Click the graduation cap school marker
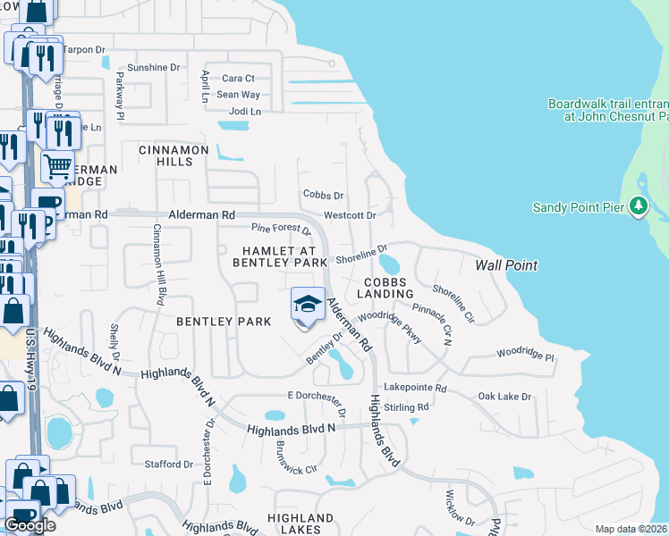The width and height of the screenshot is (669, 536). (x=307, y=304)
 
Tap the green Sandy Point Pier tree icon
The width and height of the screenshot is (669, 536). (x=638, y=206)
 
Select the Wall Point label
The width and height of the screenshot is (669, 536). (x=506, y=265)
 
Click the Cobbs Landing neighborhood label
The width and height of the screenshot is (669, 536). (x=386, y=287)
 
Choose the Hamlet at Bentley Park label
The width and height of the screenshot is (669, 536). (x=280, y=256)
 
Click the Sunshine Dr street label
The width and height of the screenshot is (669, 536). (x=154, y=68)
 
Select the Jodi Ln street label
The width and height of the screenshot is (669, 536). (x=245, y=112)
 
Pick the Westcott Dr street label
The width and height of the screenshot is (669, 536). (x=349, y=215)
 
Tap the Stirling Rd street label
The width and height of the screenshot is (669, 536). (x=407, y=407)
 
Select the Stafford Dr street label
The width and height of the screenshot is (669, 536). (x=169, y=465)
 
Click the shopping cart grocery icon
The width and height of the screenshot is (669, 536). (x=56, y=165)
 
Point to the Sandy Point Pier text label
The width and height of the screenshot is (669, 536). (x=580, y=207)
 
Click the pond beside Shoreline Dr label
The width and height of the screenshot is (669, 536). (x=390, y=264)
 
